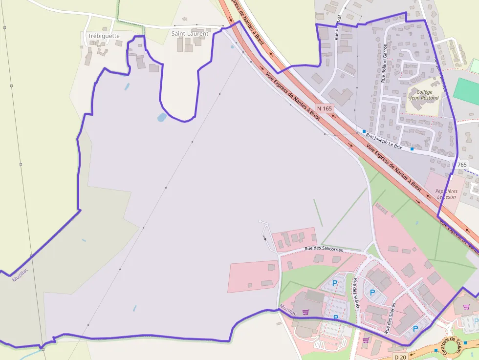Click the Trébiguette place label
[103, 36]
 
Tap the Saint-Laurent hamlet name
[190, 34]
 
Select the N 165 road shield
[325, 108]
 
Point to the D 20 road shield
[400, 357]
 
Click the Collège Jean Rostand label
[424, 95]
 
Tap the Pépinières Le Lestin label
[446, 194]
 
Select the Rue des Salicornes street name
[324, 249]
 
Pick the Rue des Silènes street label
[390, 318]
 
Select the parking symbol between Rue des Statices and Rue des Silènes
[372, 293]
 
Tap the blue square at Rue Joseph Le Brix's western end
[364, 131]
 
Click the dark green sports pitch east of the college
[466, 90]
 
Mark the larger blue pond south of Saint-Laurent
[162, 117]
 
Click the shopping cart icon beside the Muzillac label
[305, 312]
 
